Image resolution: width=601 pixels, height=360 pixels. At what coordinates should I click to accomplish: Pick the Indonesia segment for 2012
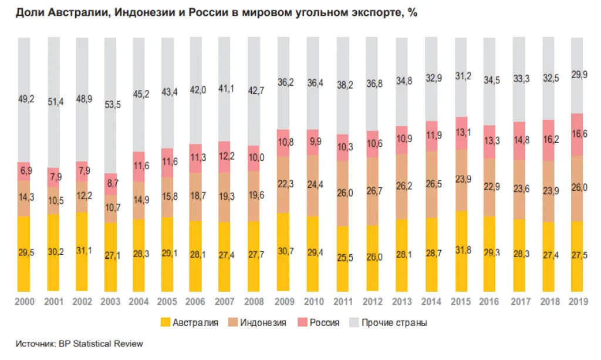[x=374, y=191]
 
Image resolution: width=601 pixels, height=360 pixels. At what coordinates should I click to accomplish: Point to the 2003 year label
[x=112, y=301]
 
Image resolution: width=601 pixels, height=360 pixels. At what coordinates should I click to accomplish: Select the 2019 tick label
[x=578, y=301]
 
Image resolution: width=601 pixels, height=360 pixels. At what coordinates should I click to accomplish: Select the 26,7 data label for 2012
[x=374, y=191]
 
